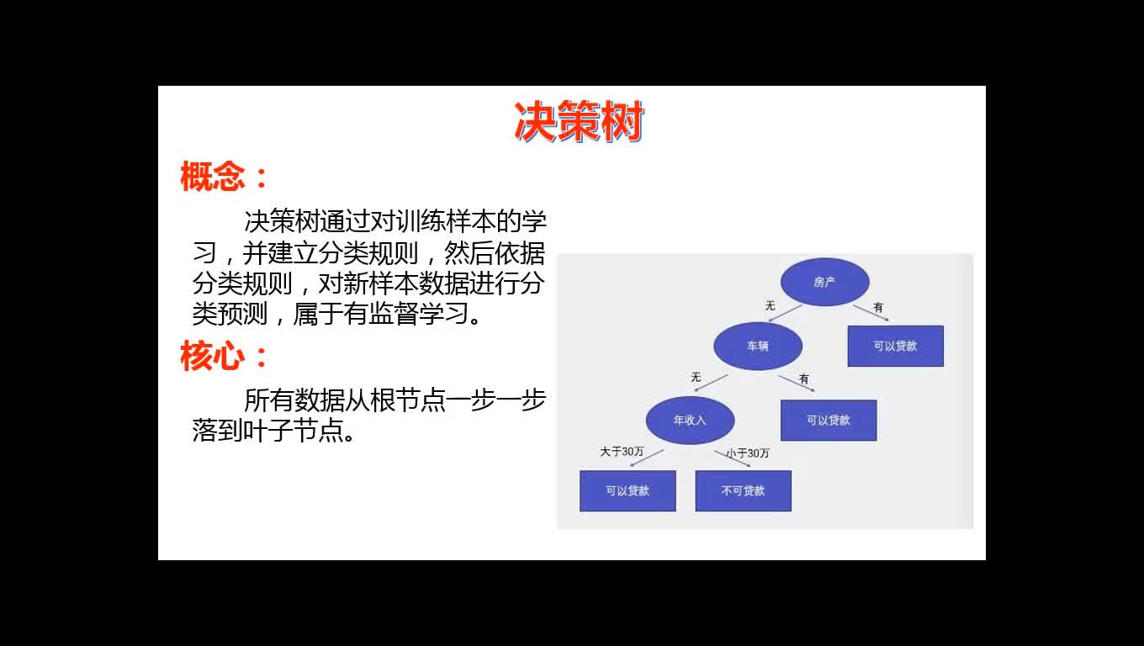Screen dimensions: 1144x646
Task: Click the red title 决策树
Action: tap(579, 121)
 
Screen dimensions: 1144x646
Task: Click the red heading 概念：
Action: tap(225, 176)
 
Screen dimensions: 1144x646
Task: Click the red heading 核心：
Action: tap(225, 356)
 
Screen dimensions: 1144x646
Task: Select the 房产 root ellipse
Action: tap(825, 282)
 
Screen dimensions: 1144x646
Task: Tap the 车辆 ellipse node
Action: tap(758, 347)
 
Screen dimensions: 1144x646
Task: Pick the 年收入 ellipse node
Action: tap(690, 421)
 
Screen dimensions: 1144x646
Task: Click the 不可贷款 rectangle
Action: tap(743, 490)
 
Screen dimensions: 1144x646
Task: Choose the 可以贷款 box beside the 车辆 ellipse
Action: tap(895, 346)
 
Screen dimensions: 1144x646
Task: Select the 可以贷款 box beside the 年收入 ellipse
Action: tap(829, 421)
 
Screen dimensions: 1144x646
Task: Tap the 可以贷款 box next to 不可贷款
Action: tap(628, 490)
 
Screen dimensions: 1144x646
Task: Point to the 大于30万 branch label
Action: tap(622, 452)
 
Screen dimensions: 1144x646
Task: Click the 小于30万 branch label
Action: tap(748, 453)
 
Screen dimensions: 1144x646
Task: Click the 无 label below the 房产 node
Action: tap(771, 305)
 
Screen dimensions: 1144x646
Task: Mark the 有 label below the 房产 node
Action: tap(878, 307)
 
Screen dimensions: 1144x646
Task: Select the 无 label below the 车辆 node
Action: tap(696, 377)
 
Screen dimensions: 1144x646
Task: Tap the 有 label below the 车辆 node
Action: tap(804, 379)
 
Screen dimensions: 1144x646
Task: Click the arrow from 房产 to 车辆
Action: tap(785, 313)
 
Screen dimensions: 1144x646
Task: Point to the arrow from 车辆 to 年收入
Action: tap(711, 383)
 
